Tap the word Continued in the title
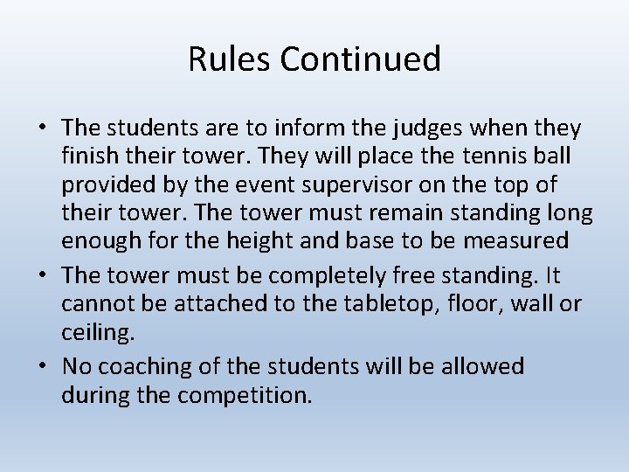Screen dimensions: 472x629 click(360, 59)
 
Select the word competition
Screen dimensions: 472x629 click(245, 396)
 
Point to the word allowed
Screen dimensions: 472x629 click(479, 365)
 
